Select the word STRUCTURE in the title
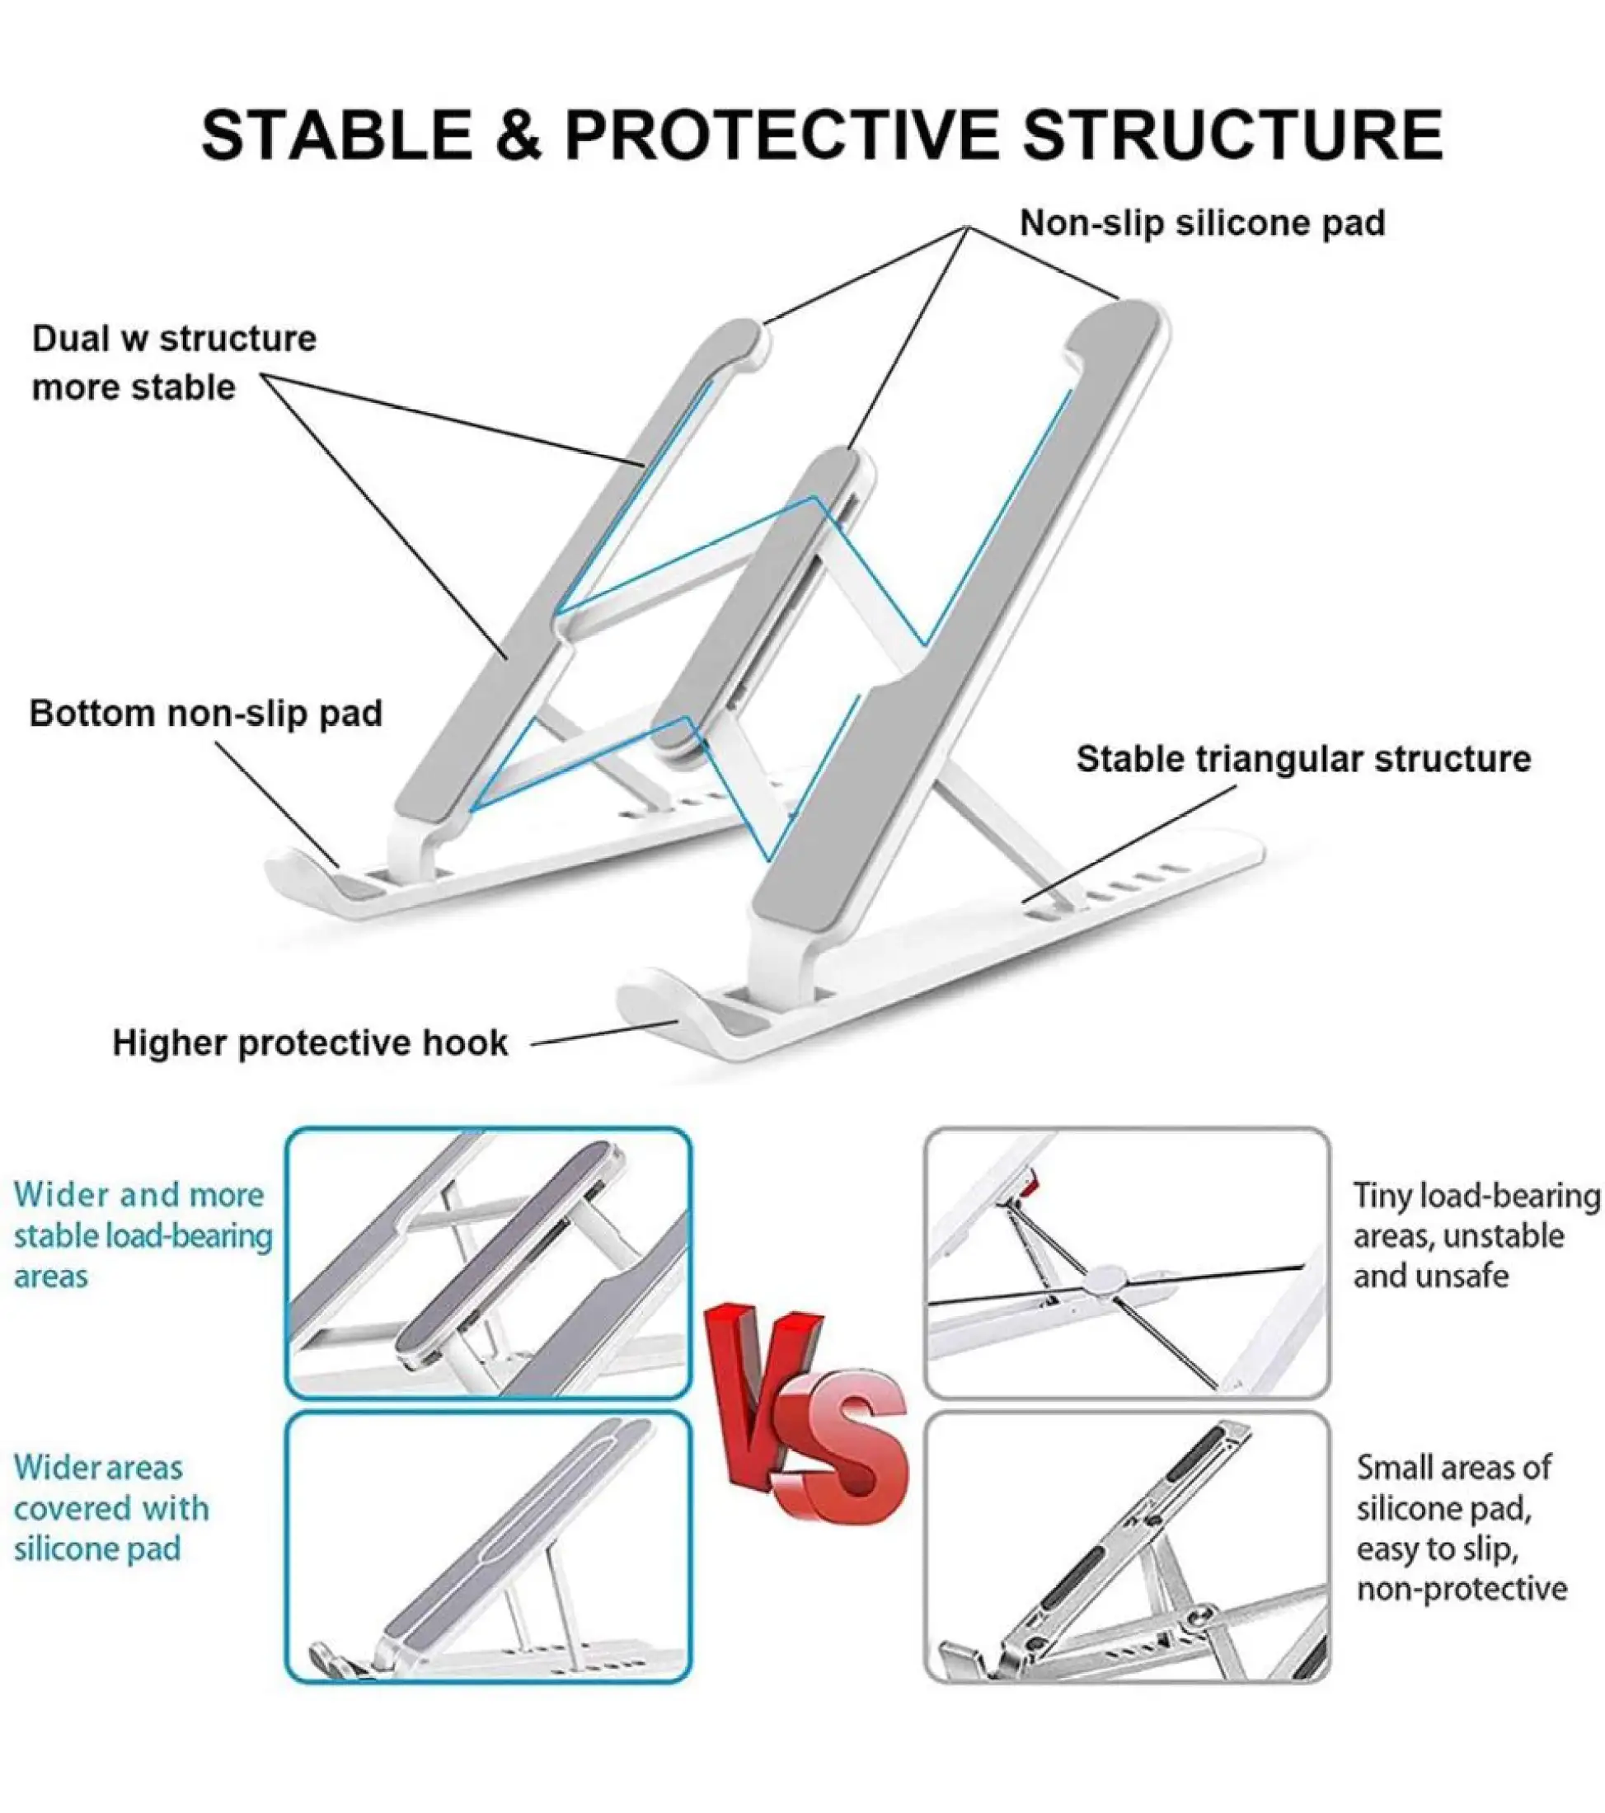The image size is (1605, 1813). pos(1232,135)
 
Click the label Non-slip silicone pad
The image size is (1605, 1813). pos(1202,223)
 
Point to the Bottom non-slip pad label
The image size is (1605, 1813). pos(206,713)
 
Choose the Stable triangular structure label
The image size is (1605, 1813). pos(1303,758)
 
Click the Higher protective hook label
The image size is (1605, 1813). pos(311,1042)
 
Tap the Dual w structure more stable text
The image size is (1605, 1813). pos(174,363)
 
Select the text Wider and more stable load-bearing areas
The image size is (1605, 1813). pos(142,1234)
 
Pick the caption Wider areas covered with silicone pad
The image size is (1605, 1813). pos(111,1508)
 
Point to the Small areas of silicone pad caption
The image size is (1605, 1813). pos(1461,1527)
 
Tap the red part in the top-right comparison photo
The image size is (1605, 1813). pos(1029,1184)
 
